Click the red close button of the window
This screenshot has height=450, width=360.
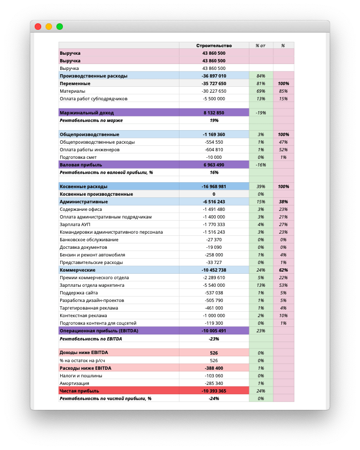click(x=38, y=26)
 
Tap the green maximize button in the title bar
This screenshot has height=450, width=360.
click(x=60, y=26)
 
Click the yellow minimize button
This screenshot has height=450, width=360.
click(x=49, y=26)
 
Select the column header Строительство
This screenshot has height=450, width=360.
click(x=214, y=46)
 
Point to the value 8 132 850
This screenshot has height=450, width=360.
click(x=214, y=113)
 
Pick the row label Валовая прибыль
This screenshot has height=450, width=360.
click(x=81, y=164)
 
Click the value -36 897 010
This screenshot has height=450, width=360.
click(x=214, y=76)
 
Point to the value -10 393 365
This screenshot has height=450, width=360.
click(x=214, y=390)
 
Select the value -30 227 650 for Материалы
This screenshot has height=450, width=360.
click(x=214, y=91)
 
